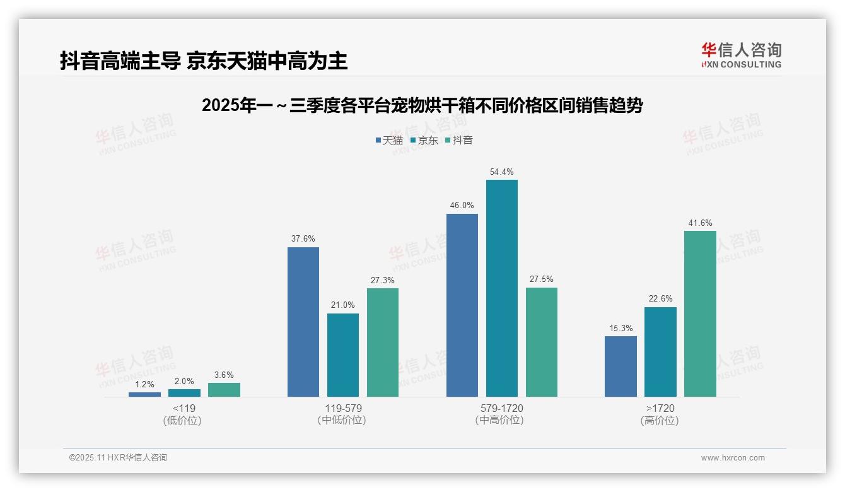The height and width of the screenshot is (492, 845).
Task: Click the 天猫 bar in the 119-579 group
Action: [303, 322]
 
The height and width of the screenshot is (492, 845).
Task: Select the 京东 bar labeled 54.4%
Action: [502, 288]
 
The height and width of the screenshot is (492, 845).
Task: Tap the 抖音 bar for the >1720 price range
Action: [700, 313]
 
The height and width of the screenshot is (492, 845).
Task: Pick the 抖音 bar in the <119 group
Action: [224, 390]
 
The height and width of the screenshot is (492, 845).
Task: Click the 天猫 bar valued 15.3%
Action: [621, 366]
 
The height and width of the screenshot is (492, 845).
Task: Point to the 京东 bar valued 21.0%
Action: [343, 355]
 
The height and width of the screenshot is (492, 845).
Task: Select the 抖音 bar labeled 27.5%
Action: [542, 342]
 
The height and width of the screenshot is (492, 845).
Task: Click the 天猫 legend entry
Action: [389, 140]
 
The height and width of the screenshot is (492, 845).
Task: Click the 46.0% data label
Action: [462, 205]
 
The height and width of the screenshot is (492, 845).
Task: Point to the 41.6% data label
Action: [700, 223]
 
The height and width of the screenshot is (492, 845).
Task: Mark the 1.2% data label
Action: [145, 384]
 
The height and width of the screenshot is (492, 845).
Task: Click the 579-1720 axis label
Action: [502, 408]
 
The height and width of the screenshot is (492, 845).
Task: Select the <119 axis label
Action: [184, 408]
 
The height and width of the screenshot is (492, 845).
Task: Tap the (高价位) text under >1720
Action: [660, 421]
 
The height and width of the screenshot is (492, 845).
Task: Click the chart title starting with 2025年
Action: [422, 105]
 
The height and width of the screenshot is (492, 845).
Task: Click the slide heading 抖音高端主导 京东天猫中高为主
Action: [204, 61]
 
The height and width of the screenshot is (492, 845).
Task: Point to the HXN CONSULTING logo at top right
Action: [741, 56]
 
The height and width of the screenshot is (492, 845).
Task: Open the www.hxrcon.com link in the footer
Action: [733, 458]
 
